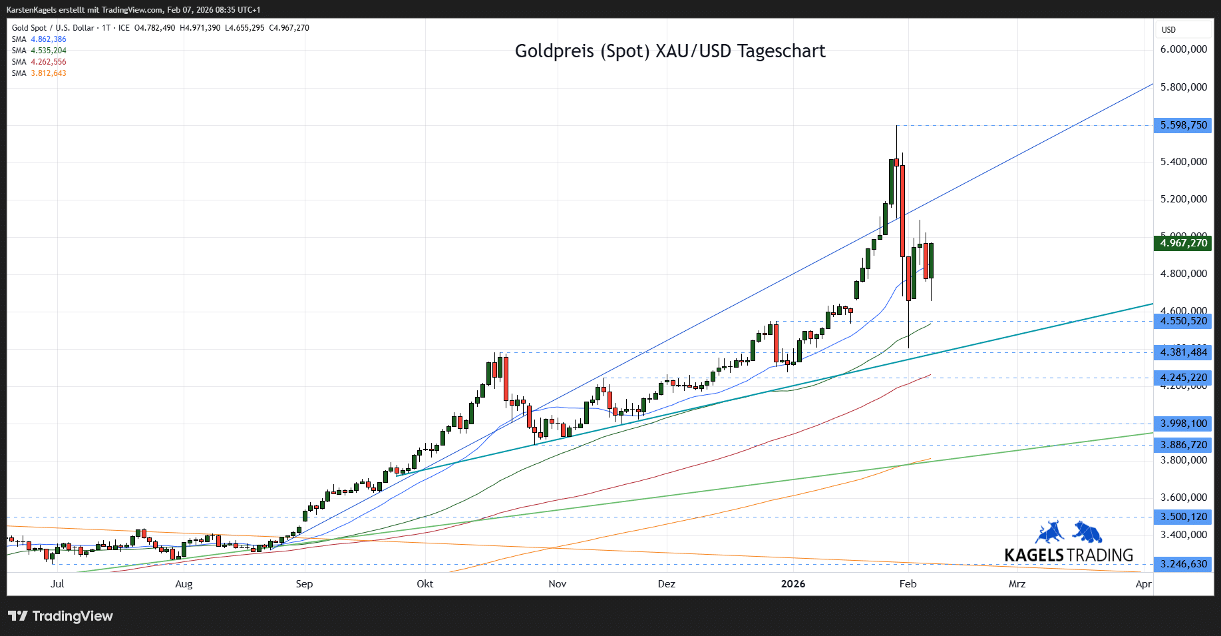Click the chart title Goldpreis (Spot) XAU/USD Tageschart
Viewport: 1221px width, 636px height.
[669, 51]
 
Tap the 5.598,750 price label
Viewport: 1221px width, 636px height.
[1183, 125]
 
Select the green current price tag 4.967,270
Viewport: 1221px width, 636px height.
[1183, 243]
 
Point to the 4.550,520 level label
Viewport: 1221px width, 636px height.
[1183, 321]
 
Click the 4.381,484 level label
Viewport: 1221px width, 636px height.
[1183, 352]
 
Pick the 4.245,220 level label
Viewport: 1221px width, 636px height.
[1183, 378]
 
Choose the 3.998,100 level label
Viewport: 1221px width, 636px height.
[1183, 424]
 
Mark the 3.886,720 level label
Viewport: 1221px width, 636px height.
[1183, 445]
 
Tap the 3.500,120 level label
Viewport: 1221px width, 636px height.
[1183, 517]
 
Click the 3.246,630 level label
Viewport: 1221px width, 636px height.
[1183, 564]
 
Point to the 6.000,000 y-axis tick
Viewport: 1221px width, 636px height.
[1183, 49]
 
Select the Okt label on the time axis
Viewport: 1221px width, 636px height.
[425, 584]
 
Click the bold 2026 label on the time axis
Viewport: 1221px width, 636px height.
[792, 584]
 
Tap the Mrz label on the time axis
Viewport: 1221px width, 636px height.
[1017, 584]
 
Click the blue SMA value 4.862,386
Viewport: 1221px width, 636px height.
[49, 39]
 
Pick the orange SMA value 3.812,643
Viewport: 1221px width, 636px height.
[49, 73]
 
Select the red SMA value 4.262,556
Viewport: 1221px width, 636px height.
[49, 62]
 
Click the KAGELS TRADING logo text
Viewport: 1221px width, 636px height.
[1069, 555]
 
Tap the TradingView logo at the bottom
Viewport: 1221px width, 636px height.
[61, 616]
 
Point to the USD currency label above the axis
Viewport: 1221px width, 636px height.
[1168, 30]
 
